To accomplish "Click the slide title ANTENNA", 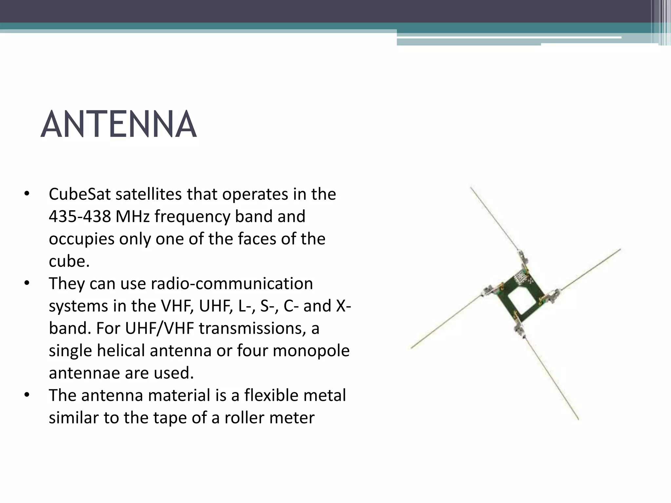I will pos(119,125).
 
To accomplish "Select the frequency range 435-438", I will pos(80,216).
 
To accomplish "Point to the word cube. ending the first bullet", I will pos(69,261).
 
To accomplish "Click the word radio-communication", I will pos(232,284).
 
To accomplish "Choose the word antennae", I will pos(83,373).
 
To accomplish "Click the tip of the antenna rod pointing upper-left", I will pos(471,187).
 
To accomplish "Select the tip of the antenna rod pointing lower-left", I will pos(412,348).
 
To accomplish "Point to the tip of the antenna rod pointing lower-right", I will pos(578,419).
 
